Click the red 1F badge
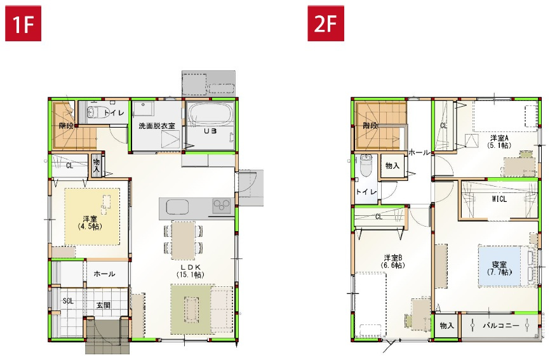(23, 23)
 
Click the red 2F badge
(326, 23)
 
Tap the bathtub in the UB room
(211, 117)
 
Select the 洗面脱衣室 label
(157, 126)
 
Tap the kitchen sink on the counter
(177, 206)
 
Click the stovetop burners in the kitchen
(222, 206)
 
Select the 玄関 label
(104, 305)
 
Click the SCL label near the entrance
(68, 301)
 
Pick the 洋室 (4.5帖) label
(90, 222)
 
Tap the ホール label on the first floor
(104, 274)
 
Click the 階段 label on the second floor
(370, 126)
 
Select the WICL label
(499, 199)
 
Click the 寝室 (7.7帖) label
(499, 268)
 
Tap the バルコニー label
(500, 326)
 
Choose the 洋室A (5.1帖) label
(499, 142)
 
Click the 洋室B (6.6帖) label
(394, 261)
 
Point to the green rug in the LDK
(191, 309)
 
